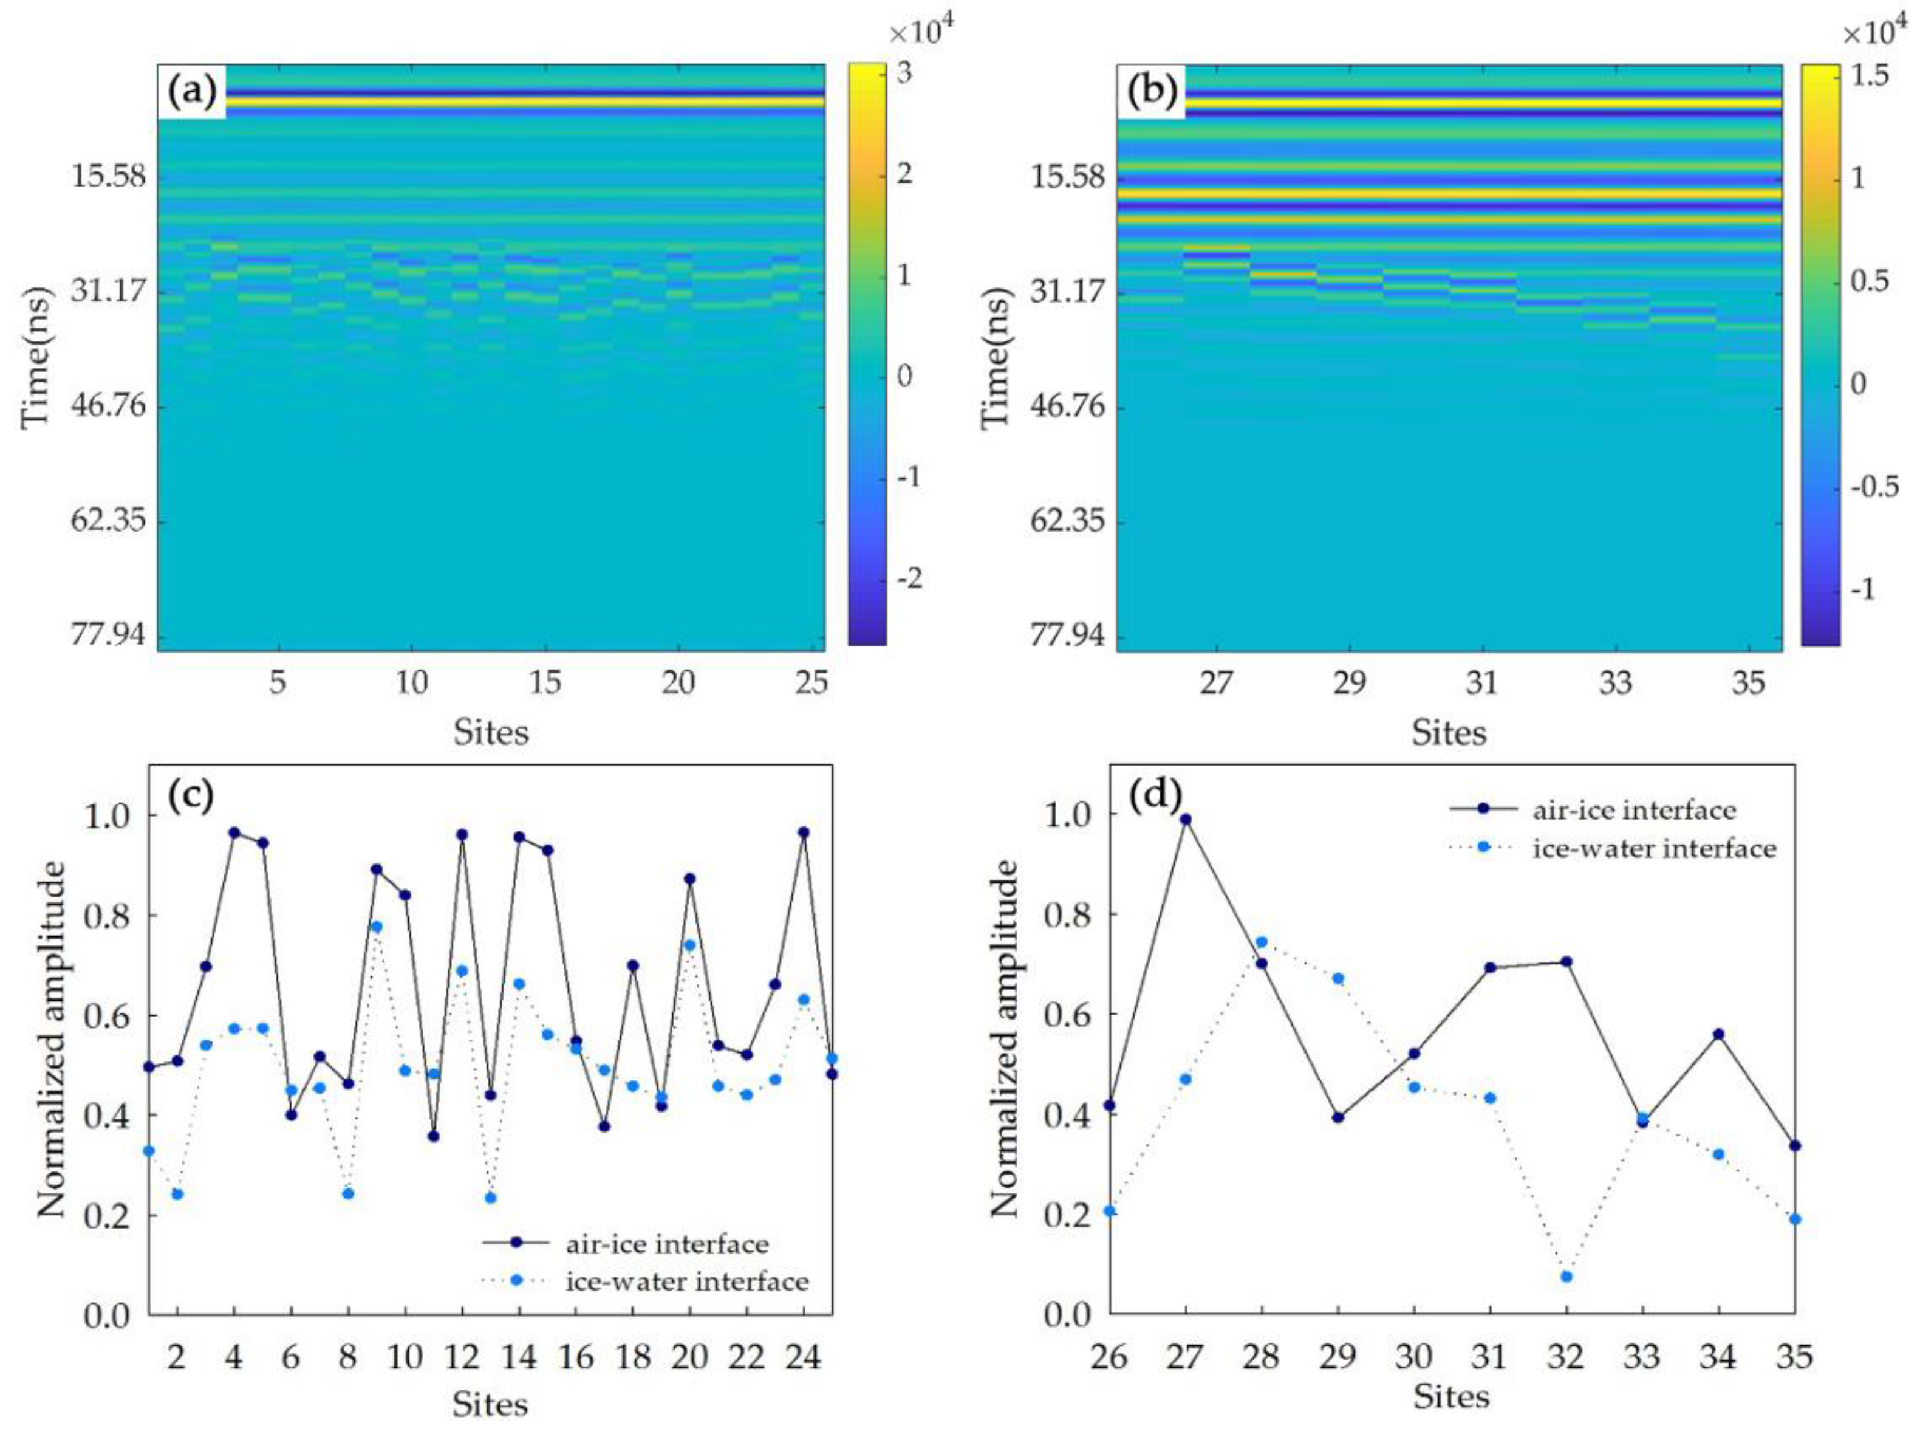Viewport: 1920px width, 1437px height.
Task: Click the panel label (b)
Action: coord(1152,91)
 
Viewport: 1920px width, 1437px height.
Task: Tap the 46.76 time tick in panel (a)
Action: coord(109,405)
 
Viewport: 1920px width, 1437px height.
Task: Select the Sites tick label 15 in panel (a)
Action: coord(545,684)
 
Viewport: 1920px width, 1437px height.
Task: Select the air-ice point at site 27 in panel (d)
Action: coord(1186,819)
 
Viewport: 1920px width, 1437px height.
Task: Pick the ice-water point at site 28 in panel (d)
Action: coord(1261,942)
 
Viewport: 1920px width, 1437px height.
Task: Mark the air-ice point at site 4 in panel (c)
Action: coord(233,832)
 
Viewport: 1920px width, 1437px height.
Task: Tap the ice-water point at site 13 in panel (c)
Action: coord(490,1198)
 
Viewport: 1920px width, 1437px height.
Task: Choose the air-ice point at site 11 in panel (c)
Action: coord(433,1137)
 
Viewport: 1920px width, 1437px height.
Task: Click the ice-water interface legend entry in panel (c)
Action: coord(686,1281)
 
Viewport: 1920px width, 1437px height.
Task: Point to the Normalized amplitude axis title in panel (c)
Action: coord(52,1040)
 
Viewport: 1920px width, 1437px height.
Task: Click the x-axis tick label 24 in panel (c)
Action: coord(803,1356)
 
